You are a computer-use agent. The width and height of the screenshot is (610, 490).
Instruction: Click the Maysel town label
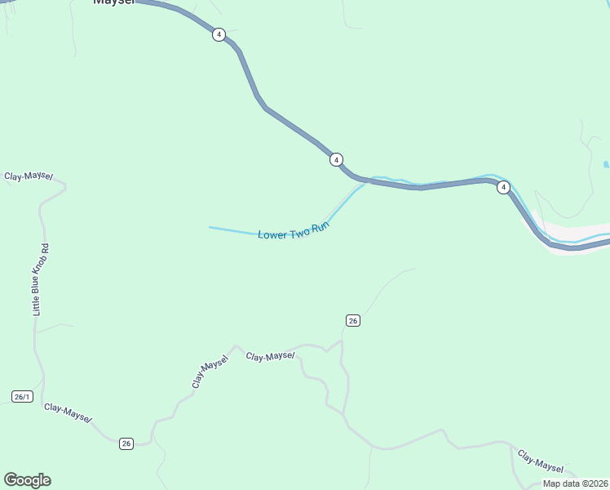click(113, 2)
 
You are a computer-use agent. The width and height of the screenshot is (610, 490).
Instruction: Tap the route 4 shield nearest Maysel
click(219, 34)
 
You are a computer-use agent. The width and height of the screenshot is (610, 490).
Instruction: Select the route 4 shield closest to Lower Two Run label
click(336, 159)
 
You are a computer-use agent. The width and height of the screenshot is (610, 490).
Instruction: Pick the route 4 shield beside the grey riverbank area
click(504, 187)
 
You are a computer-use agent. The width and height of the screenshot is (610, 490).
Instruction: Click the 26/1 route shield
click(22, 397)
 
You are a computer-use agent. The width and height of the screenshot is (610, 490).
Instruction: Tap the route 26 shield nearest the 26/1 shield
click(126, 443)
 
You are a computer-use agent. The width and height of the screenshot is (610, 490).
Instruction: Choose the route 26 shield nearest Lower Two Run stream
click(352, 320)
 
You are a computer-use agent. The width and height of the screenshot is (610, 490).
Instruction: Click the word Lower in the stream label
click(272, 234)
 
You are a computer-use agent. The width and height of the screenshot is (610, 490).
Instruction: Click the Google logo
click(27, 480)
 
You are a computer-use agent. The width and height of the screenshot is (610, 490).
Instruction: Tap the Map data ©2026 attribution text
click(576, 483)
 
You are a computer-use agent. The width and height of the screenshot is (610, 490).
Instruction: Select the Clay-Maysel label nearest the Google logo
click(68, 412)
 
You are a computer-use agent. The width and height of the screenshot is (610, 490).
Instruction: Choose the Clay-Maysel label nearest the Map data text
click(541, 462)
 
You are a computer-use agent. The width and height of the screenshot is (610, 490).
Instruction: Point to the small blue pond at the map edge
click(606, 164)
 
